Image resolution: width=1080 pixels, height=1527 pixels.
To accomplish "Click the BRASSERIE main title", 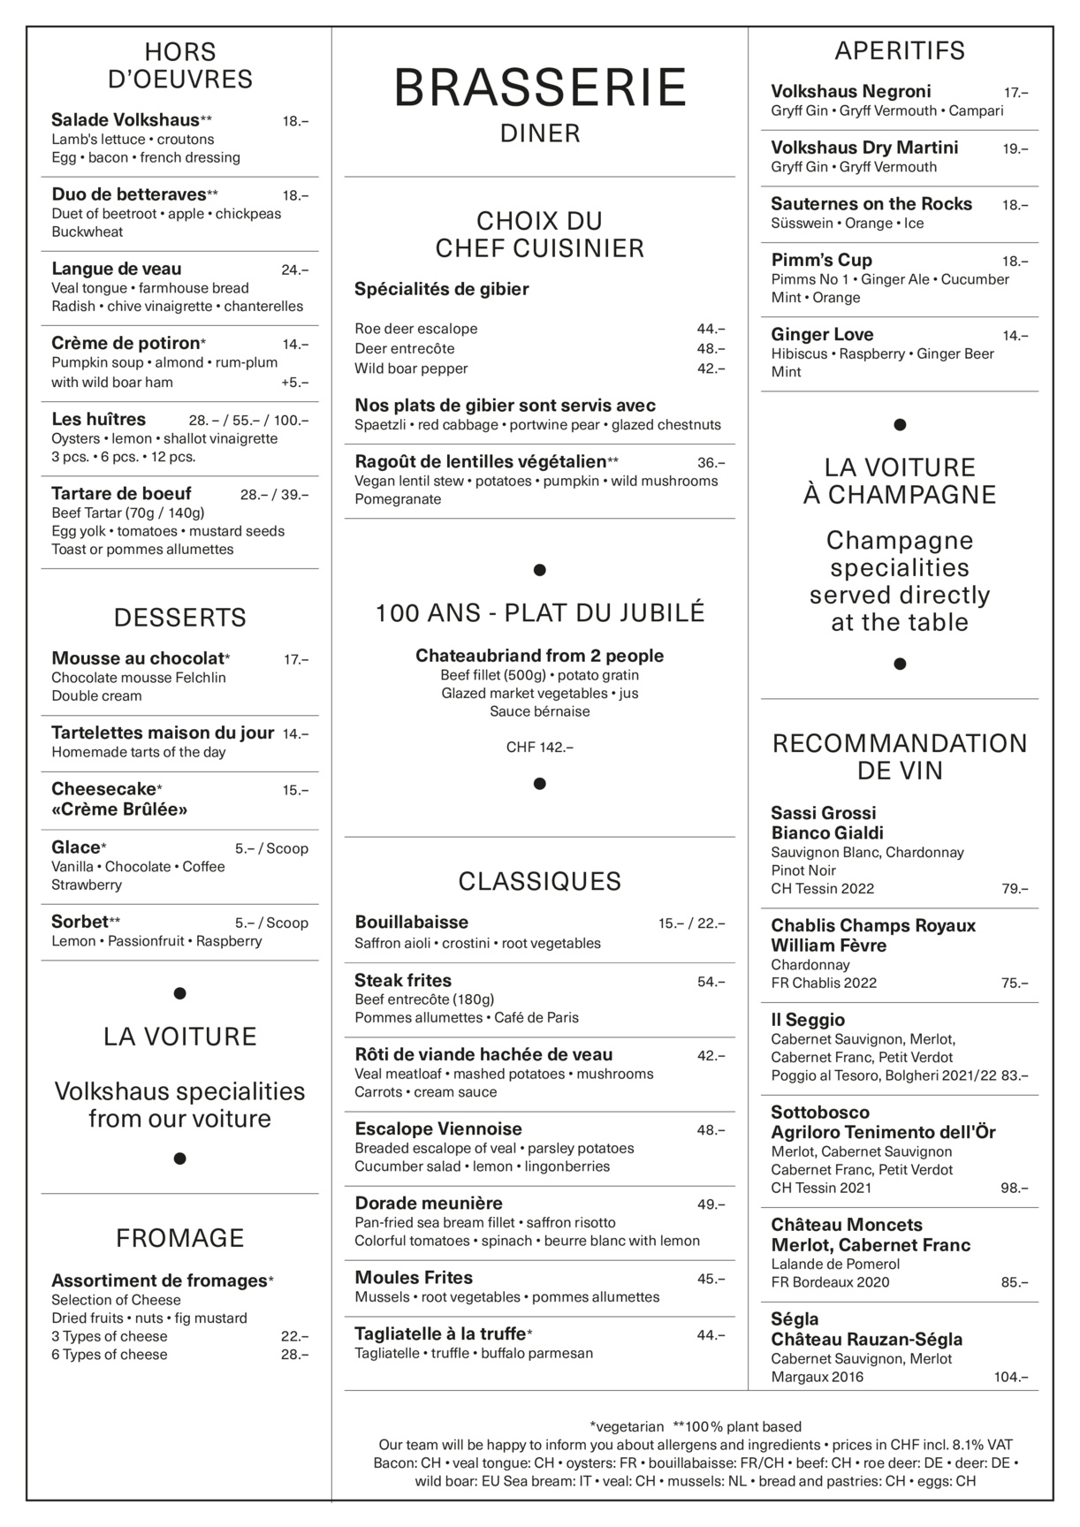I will click(x=539, y=88).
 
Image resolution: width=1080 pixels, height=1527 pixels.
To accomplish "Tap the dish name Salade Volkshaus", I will click(x=125, y=120).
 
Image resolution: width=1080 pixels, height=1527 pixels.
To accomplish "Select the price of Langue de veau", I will click(x=294, y=270).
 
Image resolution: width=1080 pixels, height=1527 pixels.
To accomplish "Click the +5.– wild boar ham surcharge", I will click(x=294, y=383).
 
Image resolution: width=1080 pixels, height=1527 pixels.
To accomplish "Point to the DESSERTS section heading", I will click(x=179, y=617).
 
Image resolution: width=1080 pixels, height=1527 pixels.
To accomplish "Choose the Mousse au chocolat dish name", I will click(x=137, y=658).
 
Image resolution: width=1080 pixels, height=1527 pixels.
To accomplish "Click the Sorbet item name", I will click(x=80, y=922).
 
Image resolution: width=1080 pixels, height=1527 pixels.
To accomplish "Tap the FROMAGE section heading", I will click(x=179, y=1238).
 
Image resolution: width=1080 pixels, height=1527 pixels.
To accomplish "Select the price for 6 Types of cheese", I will click(x=294, y=1355).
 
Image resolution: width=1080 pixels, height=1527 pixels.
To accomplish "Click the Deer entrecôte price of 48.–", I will click(x=711, y=348).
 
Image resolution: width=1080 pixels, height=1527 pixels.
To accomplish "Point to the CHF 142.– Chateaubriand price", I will click(x=539, y=748).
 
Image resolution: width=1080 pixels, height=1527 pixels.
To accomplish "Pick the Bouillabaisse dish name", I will click(x=411, y=923).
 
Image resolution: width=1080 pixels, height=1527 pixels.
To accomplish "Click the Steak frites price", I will click(x=711, y=982).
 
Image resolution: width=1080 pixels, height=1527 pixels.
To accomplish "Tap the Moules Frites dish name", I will click(x=414, y=1278).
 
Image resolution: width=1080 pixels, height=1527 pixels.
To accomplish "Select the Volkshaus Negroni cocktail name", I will click(x=850, y=92).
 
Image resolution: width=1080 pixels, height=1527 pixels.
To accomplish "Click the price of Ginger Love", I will click(x=1015, y=336).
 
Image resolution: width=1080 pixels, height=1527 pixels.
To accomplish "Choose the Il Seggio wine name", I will click(x=808, y=1020).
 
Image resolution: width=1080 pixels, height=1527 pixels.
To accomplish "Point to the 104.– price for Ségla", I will click(x=1011, y=1377).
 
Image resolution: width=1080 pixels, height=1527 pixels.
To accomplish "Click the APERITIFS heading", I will click(x=900, y=51).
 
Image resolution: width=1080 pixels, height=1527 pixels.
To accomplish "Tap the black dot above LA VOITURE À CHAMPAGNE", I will click(x=900, y=425).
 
